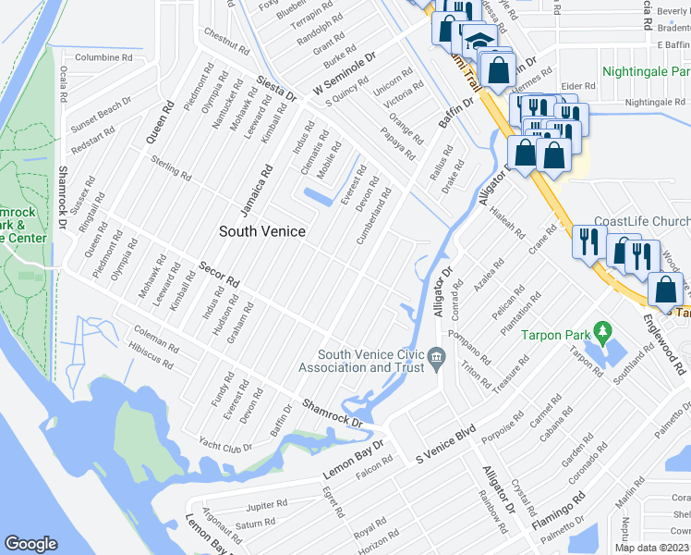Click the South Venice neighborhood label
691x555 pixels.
click(x=261, y=230)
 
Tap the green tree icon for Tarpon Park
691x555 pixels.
click(x=603, y=329)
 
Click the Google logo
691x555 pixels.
click(x=30, y=544)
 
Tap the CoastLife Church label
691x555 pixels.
click(x=641, y=222)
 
